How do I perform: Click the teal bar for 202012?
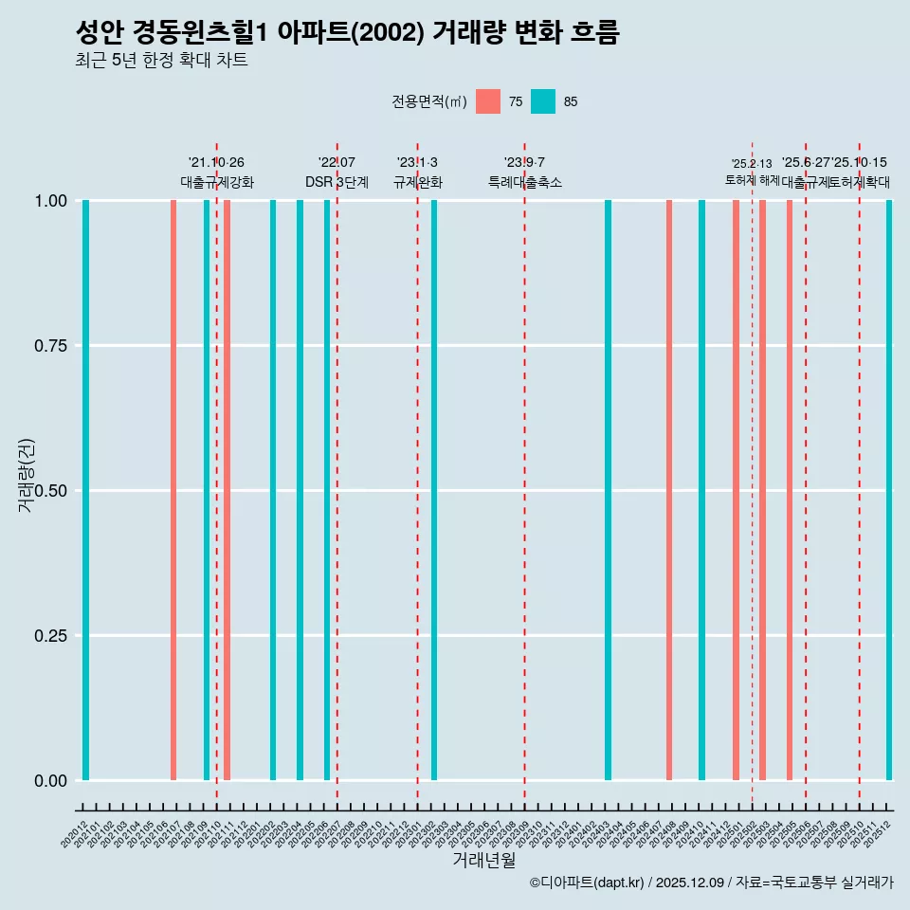[x=85, y=490]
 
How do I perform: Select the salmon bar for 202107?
[x=173, y=490]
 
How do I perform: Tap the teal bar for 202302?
[x=434, y=490]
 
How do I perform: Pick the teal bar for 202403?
[x=608, y=490]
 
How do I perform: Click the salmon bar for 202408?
[x=669, y=490]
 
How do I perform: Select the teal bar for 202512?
[x=889, y=490]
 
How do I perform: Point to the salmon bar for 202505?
[x=790, y=490]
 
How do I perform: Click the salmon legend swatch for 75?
[x=488, y=101]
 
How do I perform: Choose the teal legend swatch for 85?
[x=543, y=101]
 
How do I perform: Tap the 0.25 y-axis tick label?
[x=48, y=636]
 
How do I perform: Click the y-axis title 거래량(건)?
[x=27, y=475]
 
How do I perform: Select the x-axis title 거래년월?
[x=484, y=861]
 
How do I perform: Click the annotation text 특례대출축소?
[x=525, y=182]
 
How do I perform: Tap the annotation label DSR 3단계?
[x=337, y=182]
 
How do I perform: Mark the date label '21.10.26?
[x=216, y=163]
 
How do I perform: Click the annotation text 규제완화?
[x=418, y=182]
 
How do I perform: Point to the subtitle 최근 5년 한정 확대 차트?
[x=161, y=61]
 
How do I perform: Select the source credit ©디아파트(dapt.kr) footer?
[x=587, y=883]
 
